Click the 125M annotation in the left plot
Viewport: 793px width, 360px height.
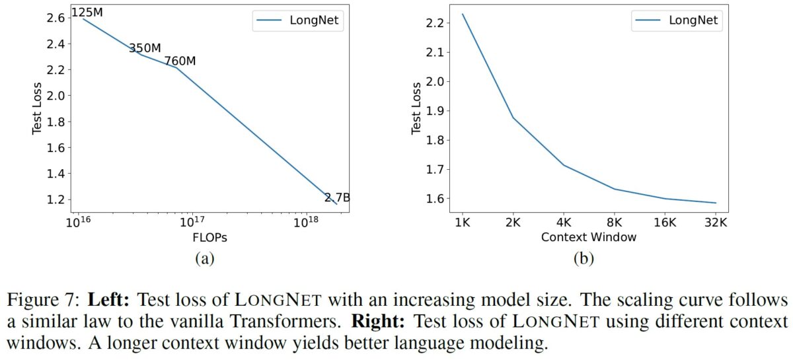pyautogui.click(x=86, y=13)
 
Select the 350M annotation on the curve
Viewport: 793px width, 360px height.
pyautogui.click(x=145, y=48)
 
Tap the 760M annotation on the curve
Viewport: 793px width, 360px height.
pyautogui.click(x=180, y=61)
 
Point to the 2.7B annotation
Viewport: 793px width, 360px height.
pyautogui.click(x=337, y=198)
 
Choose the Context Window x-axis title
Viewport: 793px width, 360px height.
pyautogui.click(x=588, y=236)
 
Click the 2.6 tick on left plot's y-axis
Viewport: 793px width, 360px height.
pyautogui.click(x=56, y=18)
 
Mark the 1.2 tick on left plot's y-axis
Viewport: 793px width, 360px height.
pyautogui.click(x=56, y=199)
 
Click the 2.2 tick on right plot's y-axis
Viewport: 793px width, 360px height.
pyautogui.click(x=436, y=23)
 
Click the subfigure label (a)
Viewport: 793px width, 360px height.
pyautogui.click(x=204, y=259)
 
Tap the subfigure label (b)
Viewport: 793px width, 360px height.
pyautogui.click(x=584, y=259)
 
